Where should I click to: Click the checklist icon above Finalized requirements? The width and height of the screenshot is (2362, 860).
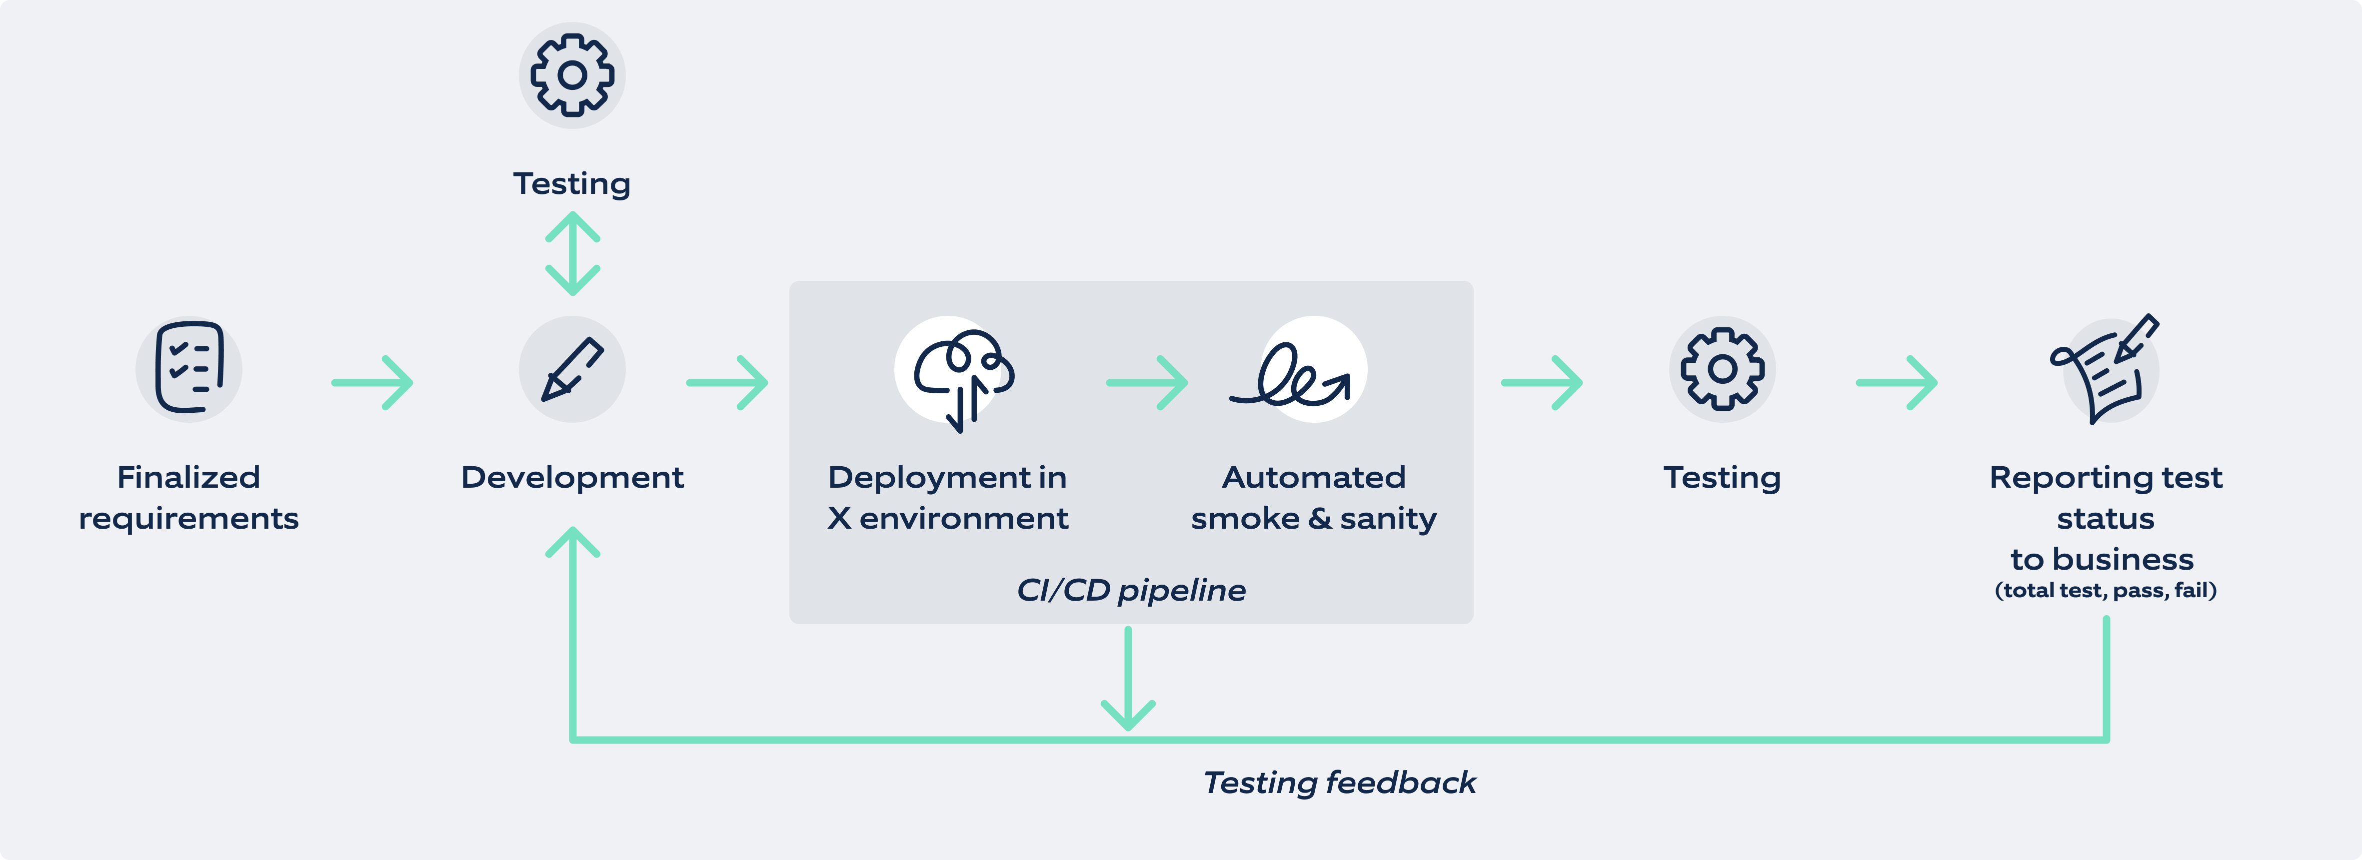click(x=189, y=369)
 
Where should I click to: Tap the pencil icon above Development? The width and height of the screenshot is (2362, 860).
click(x=572, y=369)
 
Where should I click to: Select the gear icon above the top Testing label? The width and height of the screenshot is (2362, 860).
click(x=572, y=75)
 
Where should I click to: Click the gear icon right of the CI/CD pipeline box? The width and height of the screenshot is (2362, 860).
click(x=1722, y=369)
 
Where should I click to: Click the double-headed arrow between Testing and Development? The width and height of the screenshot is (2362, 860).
click(x=572, y=253)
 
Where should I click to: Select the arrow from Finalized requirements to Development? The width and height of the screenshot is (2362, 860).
click(x=372, y=382)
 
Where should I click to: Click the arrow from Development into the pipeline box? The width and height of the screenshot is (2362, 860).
click(x=727, y=382)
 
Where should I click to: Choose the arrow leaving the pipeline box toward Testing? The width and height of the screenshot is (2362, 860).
click(x=1541, y=382)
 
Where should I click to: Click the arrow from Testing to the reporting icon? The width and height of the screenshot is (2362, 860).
click(x=1896, y=382)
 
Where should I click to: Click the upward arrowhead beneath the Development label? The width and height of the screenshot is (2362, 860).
click(x=572, y=543)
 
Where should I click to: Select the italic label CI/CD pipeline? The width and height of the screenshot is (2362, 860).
click(x=1131, y=590)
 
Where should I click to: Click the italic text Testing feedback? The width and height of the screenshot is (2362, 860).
click(x=1339, y=782)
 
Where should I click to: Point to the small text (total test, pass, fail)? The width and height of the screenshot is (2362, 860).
click(x=2105, y=591)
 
